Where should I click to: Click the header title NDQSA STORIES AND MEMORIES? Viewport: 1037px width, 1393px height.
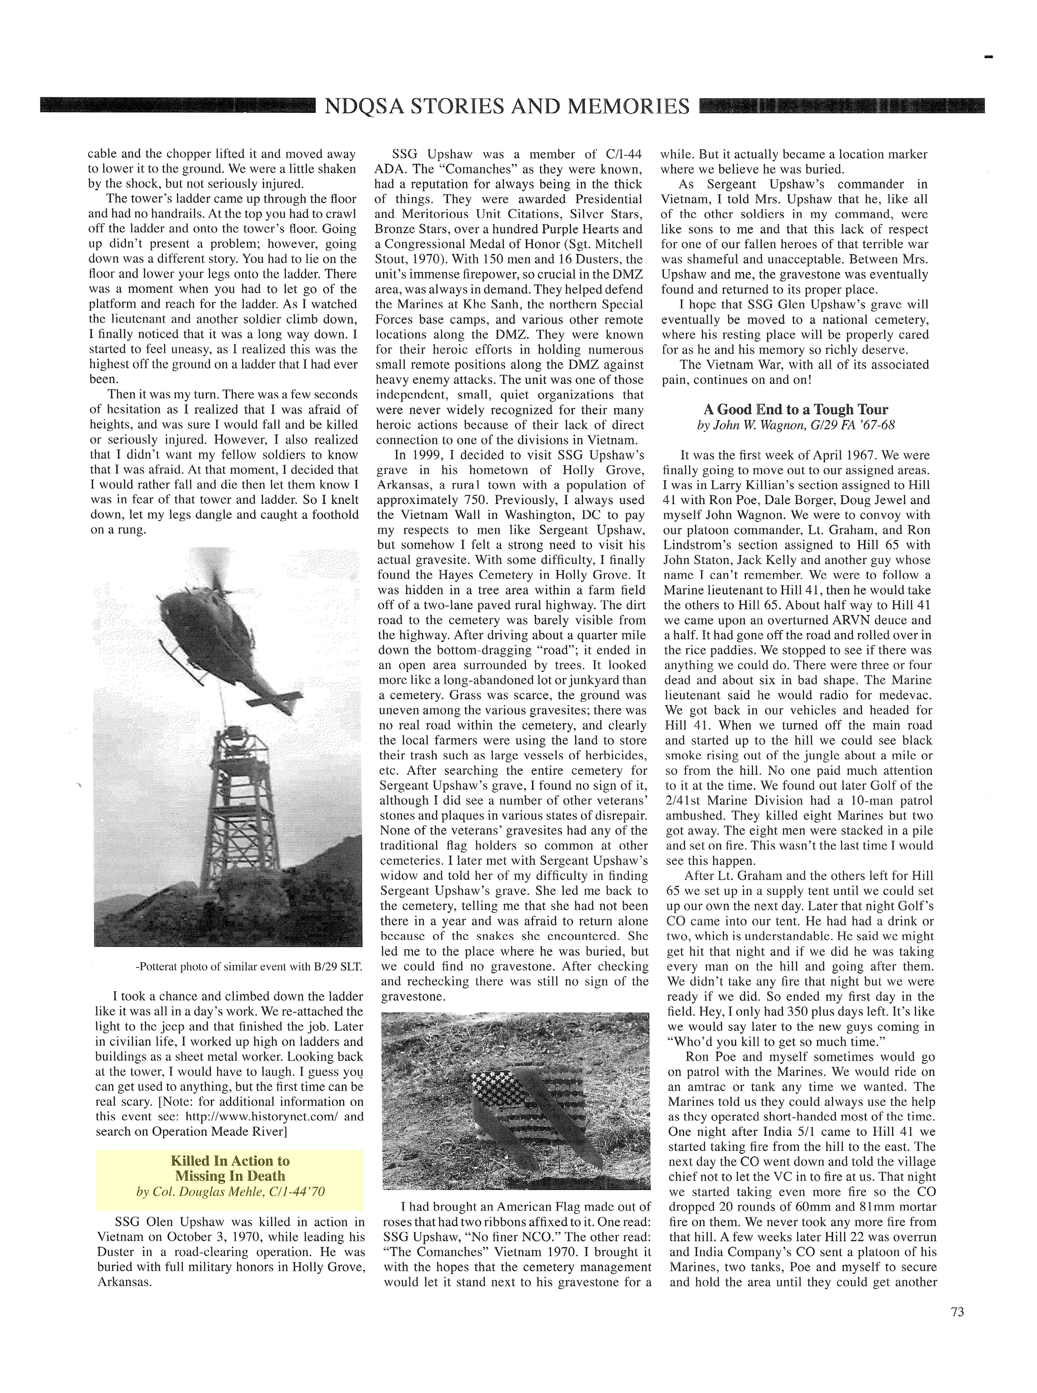point(507,106)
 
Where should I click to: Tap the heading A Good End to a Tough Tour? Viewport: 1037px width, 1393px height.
point(796,409)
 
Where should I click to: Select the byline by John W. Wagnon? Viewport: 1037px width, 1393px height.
point(796,425)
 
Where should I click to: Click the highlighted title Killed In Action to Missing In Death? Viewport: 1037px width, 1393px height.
point(230,1168)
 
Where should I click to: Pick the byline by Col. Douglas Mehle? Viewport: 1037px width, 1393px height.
point(230,1191)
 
